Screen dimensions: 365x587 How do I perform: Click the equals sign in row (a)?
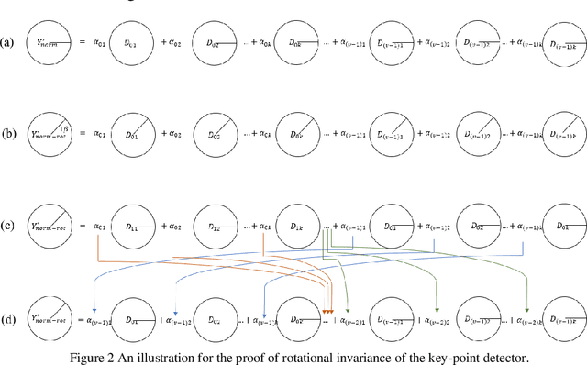(79, 41)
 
